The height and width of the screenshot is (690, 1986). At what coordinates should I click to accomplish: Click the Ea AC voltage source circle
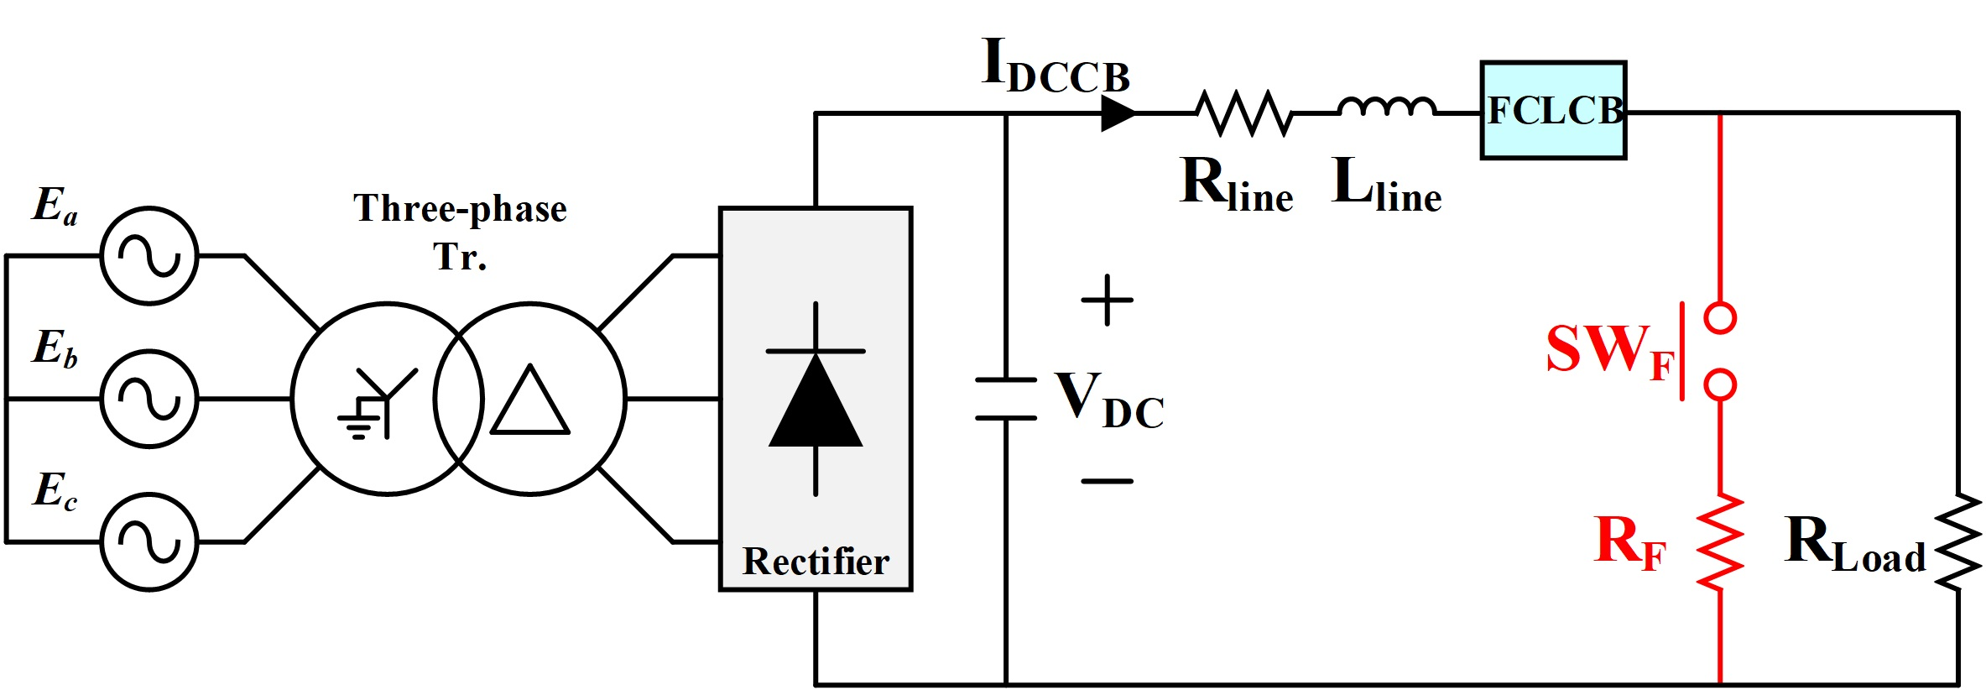[149, 255]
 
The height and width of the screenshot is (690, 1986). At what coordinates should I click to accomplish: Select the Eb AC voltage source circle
[149, 399]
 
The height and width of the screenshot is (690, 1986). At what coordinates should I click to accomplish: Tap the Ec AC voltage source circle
[149, 541]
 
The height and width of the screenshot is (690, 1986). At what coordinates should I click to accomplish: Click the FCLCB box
[1553, 110]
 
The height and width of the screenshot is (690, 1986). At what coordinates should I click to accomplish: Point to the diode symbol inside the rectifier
[816, 399]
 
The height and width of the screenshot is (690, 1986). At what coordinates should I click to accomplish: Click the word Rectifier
[816, 562]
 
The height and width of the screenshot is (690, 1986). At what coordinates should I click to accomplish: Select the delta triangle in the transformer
[530, 401]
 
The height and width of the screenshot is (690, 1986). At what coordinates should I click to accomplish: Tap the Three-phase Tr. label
[460, 231]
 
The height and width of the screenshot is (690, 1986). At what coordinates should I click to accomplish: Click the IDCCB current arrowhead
[1118, 112]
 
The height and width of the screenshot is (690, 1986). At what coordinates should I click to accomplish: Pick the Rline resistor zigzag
[1244, 112]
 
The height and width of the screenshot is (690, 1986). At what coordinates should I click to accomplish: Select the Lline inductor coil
[1387, 107]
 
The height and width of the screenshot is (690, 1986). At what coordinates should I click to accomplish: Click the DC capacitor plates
[1006, 399]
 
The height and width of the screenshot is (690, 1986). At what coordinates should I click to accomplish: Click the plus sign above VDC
[1108, 300]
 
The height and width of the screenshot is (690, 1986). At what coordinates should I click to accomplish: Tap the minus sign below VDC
[1108, 481]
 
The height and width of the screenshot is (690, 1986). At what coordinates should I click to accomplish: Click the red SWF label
[1609, 350]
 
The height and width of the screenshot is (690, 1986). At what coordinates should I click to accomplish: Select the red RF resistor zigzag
[1720, 542]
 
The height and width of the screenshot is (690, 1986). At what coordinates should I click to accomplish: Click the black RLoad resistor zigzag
[1958, 542]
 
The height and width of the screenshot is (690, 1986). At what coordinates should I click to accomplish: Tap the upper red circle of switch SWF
[1720, 318]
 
